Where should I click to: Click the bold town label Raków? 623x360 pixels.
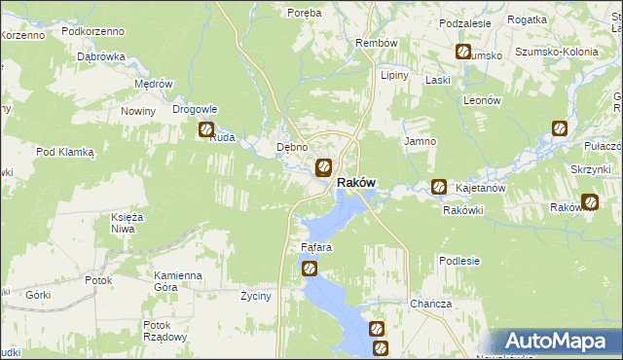[356, 182]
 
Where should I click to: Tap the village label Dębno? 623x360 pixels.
[292, 147]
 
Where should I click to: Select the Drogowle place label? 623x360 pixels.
[195, 109]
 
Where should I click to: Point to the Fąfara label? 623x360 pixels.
[316, 247]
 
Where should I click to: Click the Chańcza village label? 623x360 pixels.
[430, 304]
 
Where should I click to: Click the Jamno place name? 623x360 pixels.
[420, 141]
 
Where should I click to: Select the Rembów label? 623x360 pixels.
[377, 44]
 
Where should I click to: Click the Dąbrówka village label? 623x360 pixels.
[102, 56]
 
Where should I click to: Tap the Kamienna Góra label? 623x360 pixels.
[177, 281]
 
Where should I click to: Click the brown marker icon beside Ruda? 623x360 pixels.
[206, 129]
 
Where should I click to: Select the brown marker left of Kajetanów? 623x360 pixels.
[439, 186]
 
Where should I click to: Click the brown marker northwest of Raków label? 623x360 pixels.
[324, 166]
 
